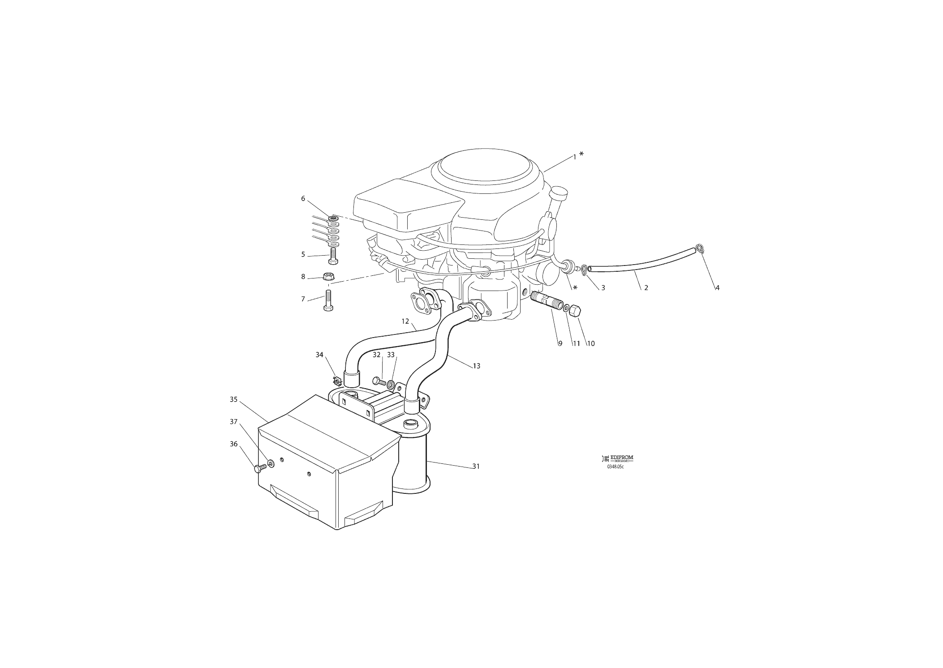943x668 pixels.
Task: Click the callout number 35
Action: tap(233, 399)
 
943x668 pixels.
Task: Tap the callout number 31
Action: tap(476, 466)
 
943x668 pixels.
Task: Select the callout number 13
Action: tap(476, 366)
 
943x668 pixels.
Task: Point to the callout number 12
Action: tap(405, 321)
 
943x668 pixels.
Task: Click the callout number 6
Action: tap(303, 198)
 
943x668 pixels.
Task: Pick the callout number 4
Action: tap(717, 288)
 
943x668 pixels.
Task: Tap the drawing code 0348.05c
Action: tap(615, 467)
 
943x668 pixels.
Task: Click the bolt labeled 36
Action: tap(260, 468)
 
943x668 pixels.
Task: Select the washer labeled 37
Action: tap(271, 462)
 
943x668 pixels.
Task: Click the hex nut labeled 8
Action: tap(328, 276)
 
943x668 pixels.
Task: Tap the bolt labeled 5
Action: tap(332, 257)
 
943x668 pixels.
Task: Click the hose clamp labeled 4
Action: tap(700, 249)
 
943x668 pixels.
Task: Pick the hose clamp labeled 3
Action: tap(585, 270)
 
